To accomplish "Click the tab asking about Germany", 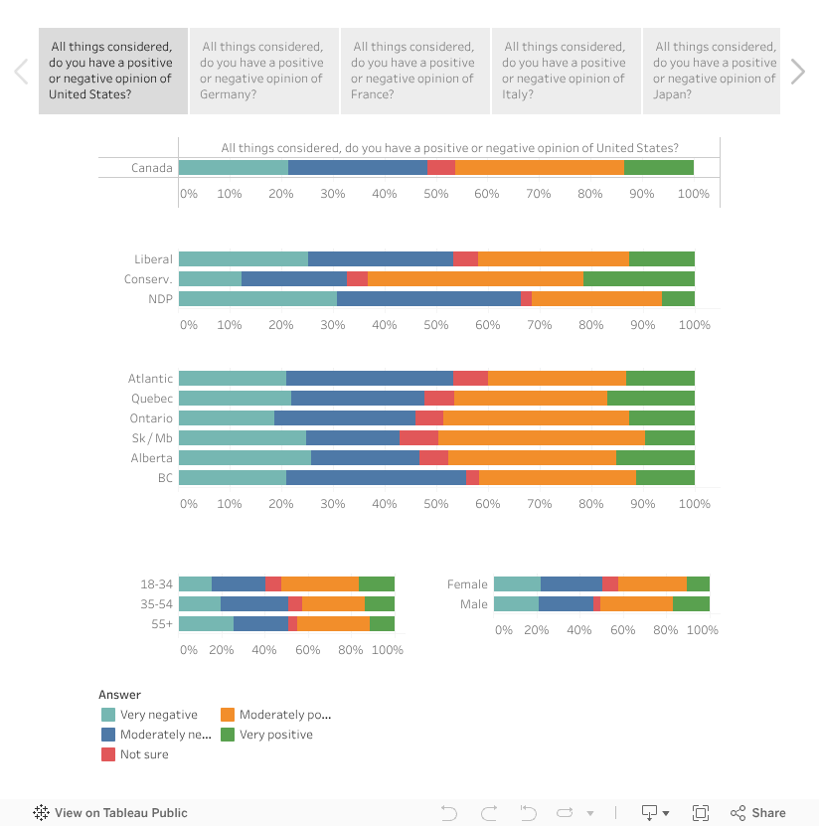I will pos(263,71).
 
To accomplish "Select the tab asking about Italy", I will pos(566,71).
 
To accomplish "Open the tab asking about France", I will pos(414,71).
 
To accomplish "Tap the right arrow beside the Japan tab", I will pos(797,72).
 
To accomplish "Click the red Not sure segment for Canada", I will pos(441,168).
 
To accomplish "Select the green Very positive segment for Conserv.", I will pos(638,279).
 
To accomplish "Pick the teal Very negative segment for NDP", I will pos(257,299).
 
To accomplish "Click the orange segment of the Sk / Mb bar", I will pos(542,438).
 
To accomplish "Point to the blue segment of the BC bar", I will pos(376,478).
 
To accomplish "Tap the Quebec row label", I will pos(152,399).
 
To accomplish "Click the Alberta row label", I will pos(152,458).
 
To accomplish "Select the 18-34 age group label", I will pos(157,584).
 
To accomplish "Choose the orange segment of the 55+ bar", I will pos(333,624).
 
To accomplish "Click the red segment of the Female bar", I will pos(610,584).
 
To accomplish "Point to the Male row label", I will pos(474,604).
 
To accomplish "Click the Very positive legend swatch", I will pos(228,735).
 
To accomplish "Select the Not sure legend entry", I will pos(144,754).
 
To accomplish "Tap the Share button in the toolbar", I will pos(758,812).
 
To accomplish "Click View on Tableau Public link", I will pos(110,812).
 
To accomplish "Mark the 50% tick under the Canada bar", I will pos(435,194).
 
